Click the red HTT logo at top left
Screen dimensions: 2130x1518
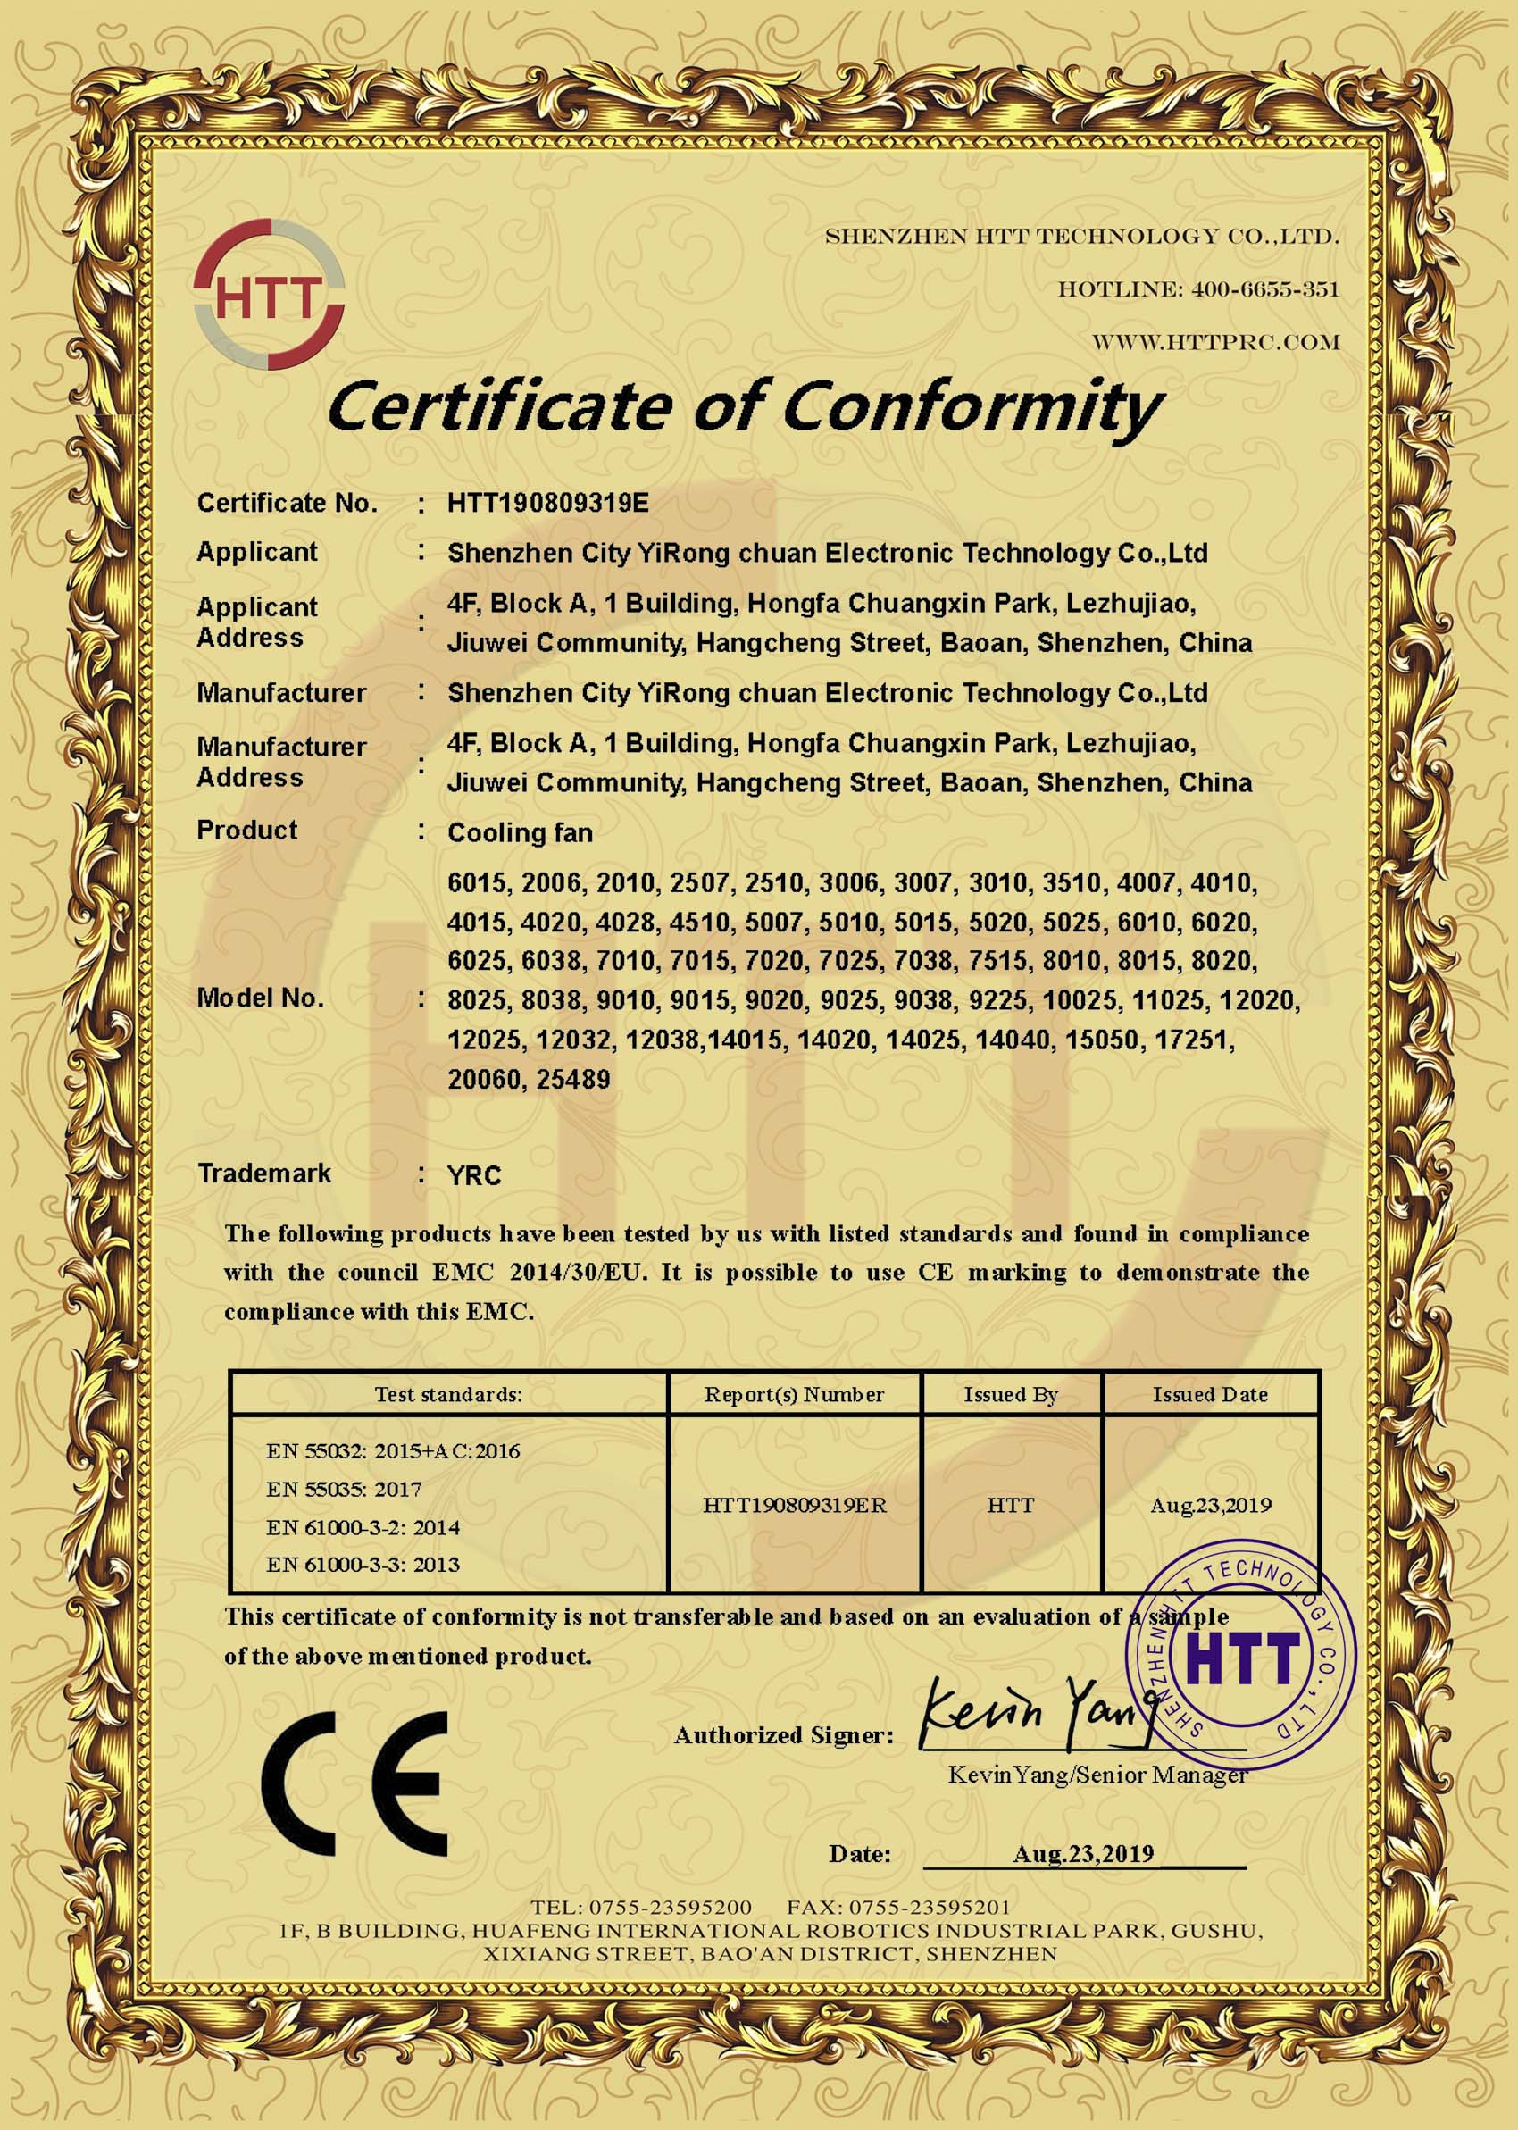[x=269, y=295]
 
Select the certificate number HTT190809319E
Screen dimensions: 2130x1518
[x=546, y=503]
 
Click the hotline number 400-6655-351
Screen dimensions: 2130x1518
[x=1264, y=289]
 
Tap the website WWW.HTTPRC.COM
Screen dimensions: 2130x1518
[x=1216, y=343]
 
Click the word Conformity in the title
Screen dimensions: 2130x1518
[x=972, y=406]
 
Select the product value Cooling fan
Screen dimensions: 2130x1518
[x=520, y=832]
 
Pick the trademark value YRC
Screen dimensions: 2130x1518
[x=474, y=1176]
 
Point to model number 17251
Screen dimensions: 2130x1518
[x=1197, y=1040]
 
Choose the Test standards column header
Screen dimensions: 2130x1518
[x=448, y=1394]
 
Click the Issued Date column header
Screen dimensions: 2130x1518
[x=1210, y=1394]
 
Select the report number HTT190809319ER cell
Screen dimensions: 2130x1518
[x=795, y=1505]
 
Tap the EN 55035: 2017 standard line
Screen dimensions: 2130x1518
[x=343, y=1489]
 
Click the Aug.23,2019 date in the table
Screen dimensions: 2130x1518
[x=1210, y=1505]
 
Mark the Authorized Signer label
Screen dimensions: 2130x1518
[x=783, y=1735]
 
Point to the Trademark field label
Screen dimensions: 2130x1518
[x=264, y=1174]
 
